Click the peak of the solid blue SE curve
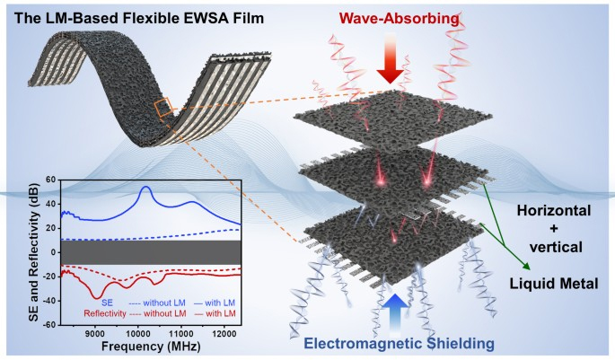[145, 188]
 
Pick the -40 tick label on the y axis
[47, 301]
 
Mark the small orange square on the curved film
[163, 108]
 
